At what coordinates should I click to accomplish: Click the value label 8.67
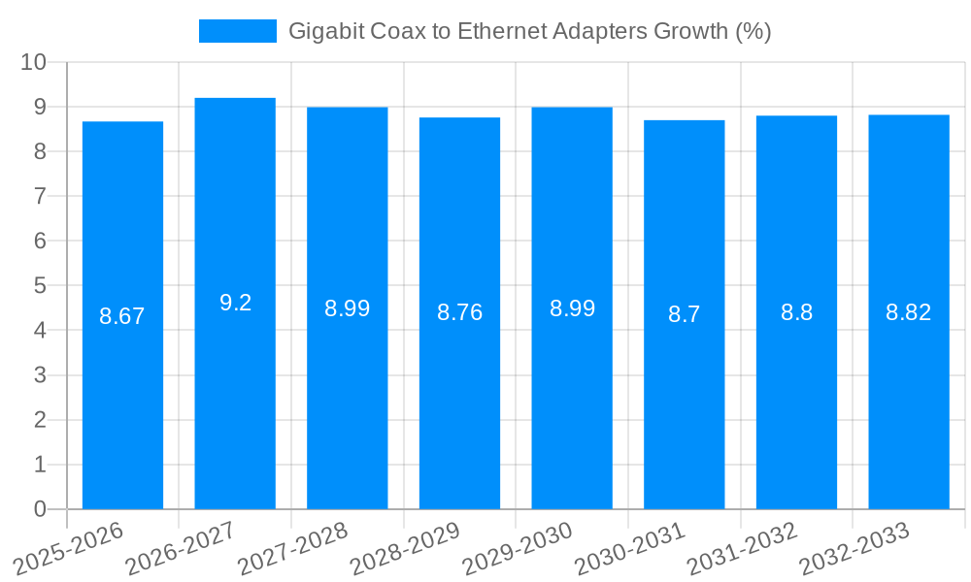pyautogui.click(x=122, y=316)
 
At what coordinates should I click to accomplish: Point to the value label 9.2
pyautogui.click(x=235, y=303)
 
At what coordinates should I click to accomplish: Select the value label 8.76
pyautogui.click(x=459, y=312)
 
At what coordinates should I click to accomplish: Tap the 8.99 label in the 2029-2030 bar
pyautogui.click(x=572, y=308)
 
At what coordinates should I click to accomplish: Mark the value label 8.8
pyautogui.click(x=796, y=312)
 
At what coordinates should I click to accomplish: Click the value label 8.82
pyautogui.click(x=909, y=312)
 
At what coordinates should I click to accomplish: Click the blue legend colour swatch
pyautogui.click(x=238, y=31)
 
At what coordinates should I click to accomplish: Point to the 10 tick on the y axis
pyautogui.click(x=34, y=62)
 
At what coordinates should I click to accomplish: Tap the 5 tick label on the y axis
pyautogui.click(x=41, y=286)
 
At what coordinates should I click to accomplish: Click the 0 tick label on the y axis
pyautogui.click(x=41, y=509)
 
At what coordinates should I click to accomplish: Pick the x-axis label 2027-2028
pyautogui.click(x=292, y=549)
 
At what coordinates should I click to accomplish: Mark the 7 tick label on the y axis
pyautogui.click(x=41, y=196)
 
